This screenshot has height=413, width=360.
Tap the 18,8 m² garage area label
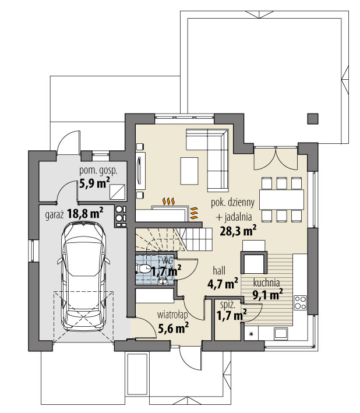tap(84, 213)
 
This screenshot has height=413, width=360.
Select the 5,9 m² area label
tap(94, 183)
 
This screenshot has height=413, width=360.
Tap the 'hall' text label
tap(220, 271)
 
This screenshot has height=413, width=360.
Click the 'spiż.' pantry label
tap(227, 304)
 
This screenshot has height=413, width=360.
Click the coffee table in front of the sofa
tap(189, 170)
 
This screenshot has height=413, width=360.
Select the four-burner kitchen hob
tap(301, 302)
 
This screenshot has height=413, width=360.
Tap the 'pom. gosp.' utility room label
tap(98, 171)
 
